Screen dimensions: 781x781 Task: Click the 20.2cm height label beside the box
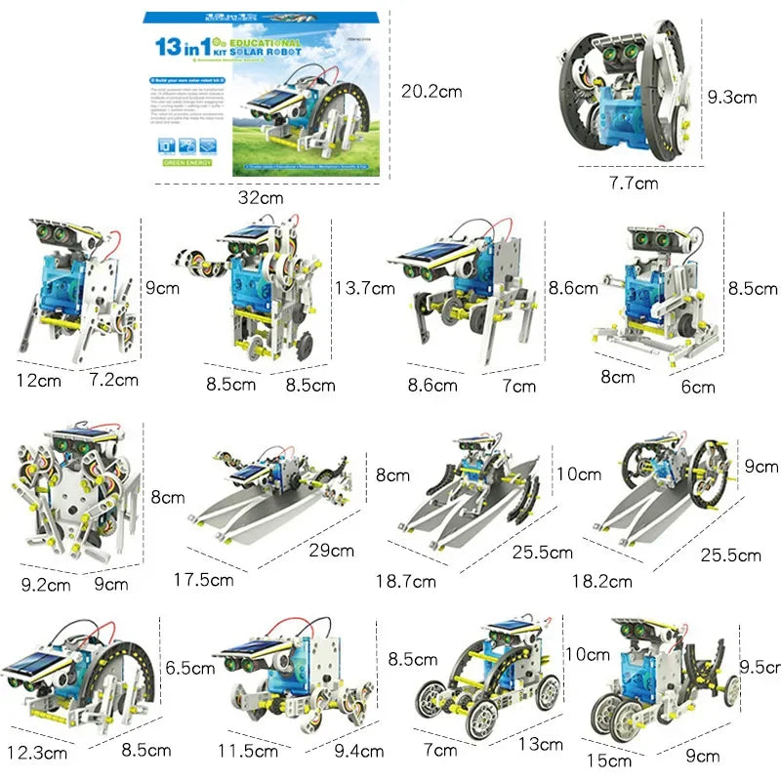(432, 92)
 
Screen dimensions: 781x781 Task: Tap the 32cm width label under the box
(262, 197)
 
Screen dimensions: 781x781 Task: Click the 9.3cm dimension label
(731, 97)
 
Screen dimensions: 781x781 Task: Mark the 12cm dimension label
(38, 380)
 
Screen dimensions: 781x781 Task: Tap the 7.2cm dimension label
(113, 379)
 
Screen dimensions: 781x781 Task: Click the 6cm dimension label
(697, 387)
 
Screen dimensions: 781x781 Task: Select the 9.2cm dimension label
(46, 586)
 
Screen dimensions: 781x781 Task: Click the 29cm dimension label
(331, 550)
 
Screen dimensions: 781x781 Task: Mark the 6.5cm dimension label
(189, 669)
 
